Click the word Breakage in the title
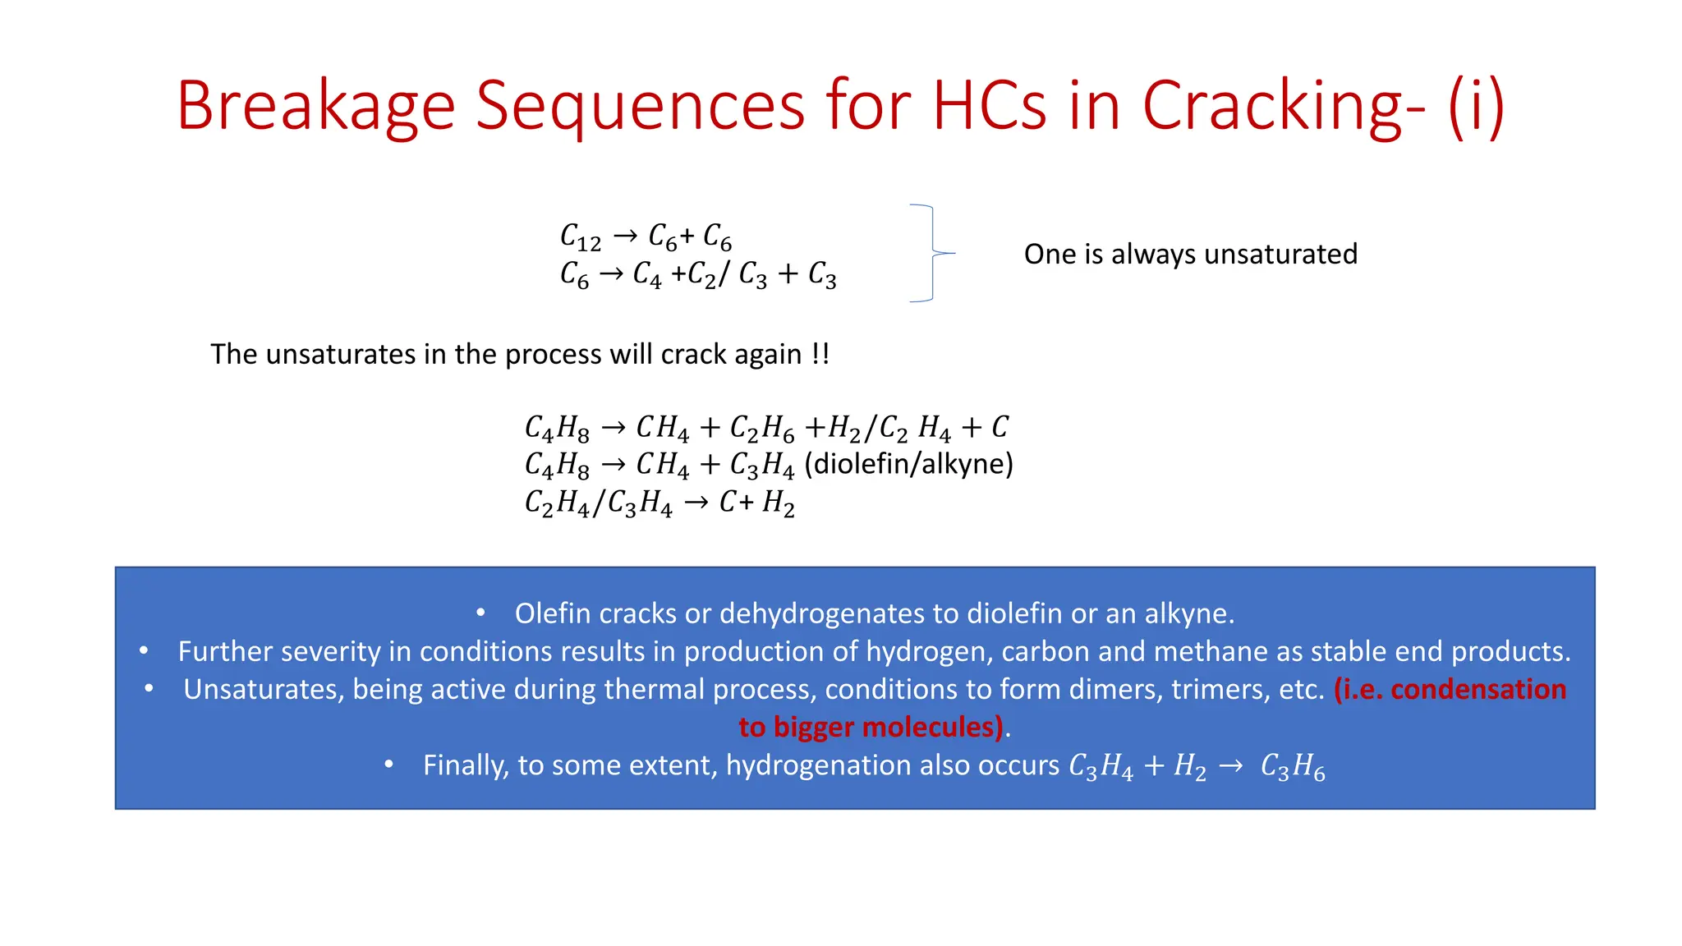point(315,107)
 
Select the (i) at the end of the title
point(1476,107)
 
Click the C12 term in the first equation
point(580,237)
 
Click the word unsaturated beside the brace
point(1280,255)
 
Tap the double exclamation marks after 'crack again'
point(820,354)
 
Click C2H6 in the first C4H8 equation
point(761,428)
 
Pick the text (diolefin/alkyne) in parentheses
point(908,464)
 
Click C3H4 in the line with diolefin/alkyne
point(761,466)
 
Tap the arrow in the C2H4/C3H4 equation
point(696,503)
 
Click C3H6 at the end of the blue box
point(1292,767)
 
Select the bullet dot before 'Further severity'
point(144,651)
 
